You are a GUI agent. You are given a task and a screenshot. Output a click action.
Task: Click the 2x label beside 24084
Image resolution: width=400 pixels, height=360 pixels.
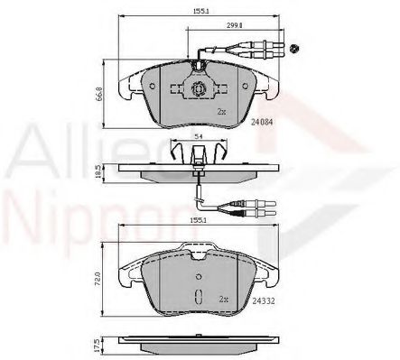pyautogui.click(x=220, y=111)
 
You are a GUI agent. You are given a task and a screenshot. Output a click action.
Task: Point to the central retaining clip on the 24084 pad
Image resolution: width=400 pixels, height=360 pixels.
pyautogui.click(x=197, y=89)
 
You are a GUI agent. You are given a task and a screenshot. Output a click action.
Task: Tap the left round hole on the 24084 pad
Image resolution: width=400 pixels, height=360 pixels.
pyautogui.click(x=153, y=88)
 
